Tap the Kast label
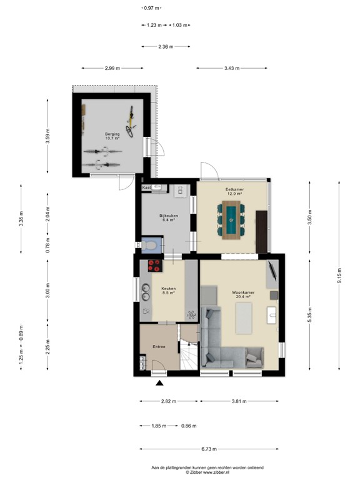pos(146,187)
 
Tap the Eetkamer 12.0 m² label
pos(234,191)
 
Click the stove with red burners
pos(154,266)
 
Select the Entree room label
pos(159,346)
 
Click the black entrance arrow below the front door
pos(160,384)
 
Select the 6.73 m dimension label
pos(202,448)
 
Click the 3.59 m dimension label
pos(47,136)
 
